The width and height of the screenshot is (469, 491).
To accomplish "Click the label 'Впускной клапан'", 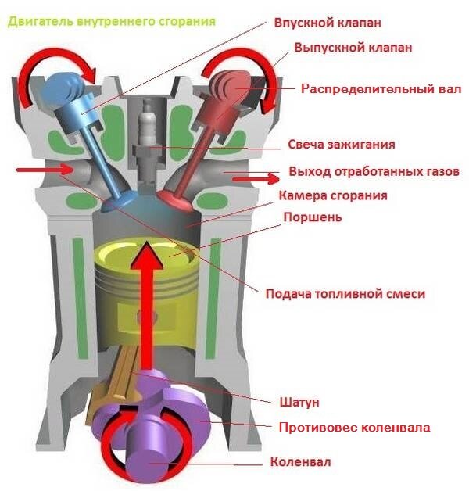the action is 328,23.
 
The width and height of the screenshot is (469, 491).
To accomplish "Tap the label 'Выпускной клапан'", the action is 353,48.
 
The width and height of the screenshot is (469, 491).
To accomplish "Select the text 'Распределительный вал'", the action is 381,88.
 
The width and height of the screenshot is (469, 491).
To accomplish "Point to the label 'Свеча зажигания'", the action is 342,145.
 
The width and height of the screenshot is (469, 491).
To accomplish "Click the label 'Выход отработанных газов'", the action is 374,171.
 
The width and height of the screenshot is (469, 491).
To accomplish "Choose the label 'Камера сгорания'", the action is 333,195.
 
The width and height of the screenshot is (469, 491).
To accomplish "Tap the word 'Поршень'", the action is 313,217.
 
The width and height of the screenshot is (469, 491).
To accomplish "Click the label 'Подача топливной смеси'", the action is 345,294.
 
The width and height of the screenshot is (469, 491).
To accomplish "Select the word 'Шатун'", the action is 299,402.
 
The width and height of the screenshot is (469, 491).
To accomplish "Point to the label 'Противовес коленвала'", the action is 354,428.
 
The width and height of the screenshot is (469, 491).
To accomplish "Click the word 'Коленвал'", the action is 300,462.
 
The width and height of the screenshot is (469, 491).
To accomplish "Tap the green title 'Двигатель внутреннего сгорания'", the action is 112,22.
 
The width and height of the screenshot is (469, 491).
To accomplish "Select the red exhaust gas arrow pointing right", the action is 256,179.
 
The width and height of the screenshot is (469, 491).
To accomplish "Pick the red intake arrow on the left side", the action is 44,170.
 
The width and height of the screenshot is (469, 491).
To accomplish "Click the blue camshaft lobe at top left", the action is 64,88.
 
